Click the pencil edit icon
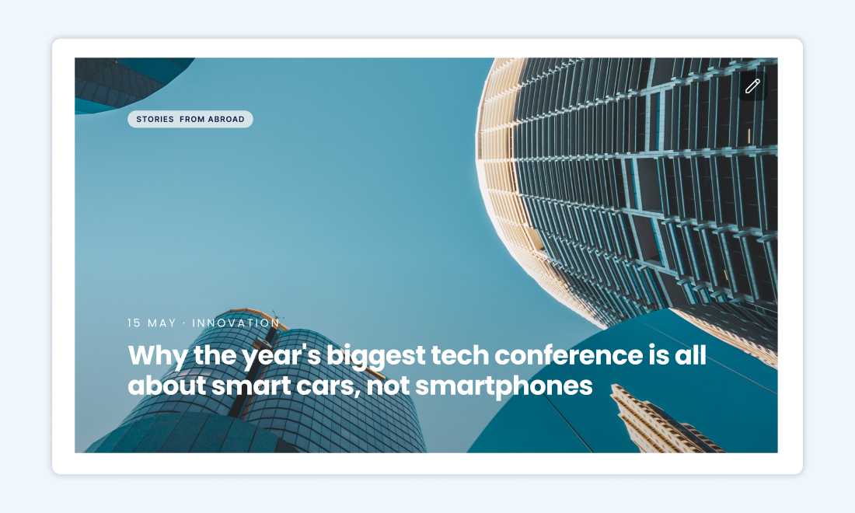(752, 86)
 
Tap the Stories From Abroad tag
(190, 119)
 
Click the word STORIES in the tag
(155, 120)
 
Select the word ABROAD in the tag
(226, 120)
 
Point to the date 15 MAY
(152, 323)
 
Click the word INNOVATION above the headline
(236, 323)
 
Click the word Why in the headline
(152, 355)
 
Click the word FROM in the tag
(192, 120)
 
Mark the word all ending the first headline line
(692, 355)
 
